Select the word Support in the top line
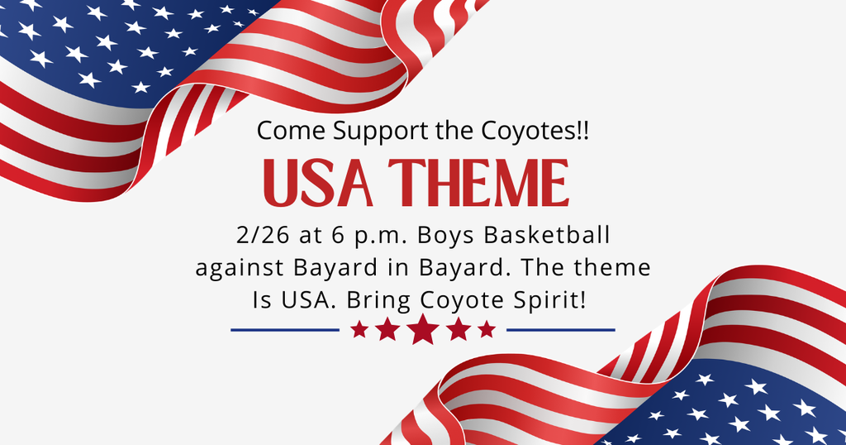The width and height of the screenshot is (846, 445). tap(352, 132)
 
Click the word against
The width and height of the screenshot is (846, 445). tap(232, 268)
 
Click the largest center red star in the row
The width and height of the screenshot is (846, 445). tap(423, 329)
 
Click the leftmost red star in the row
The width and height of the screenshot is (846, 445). tap(359, 330)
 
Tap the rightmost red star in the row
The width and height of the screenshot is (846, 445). tap(487, 330)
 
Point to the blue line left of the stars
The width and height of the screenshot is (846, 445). tap(285, 330)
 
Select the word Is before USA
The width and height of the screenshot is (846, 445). tap(262, 299)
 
